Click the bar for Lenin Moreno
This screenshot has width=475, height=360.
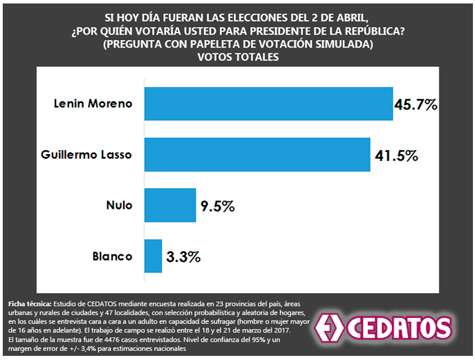click(x=268, y=104)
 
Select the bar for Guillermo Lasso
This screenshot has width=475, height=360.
click(x=257, y=155)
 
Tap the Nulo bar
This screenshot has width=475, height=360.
click(x=169, y=205)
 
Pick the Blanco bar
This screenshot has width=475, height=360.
click(x=153, y=256)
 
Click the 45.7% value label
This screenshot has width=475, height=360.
click(x=416, y=105)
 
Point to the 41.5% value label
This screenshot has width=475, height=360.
click(x=396, y=155)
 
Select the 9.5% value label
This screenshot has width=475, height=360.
click(x=218, y=206)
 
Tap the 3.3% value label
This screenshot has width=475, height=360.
click(x=184, y=256)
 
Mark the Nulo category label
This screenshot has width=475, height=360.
click(x=119, y=205)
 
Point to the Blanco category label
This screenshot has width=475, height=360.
click(x=112, y=256)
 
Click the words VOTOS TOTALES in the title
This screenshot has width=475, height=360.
click(x=237, y=57)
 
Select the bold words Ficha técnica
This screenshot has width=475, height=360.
click(x=29, y=303)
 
